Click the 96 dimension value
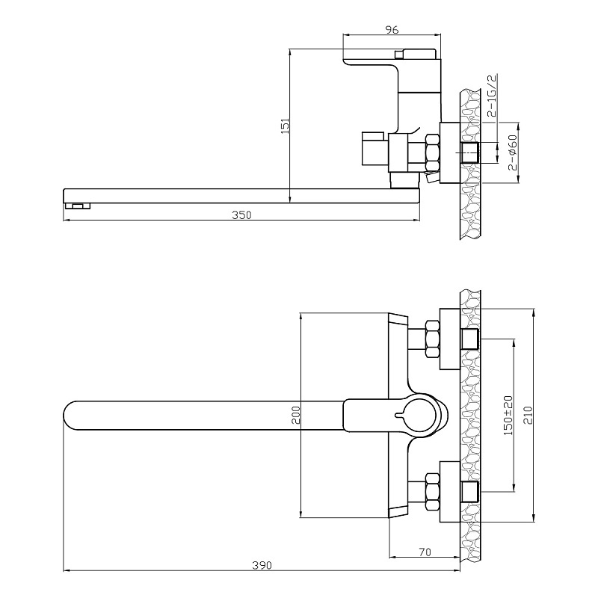(x=392, y=29)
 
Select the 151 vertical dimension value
(x=285, y=126)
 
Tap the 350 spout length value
(x=241, y=215)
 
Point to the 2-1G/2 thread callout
(x=493, y=96)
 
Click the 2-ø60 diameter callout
(x=512, y=152)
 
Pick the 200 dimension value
(x=296, y=416)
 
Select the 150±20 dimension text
(x=508, y=416)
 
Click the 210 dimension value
(x=528, y=415)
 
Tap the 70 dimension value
(x=425, y=552)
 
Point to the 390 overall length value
(x=262, y=565)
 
